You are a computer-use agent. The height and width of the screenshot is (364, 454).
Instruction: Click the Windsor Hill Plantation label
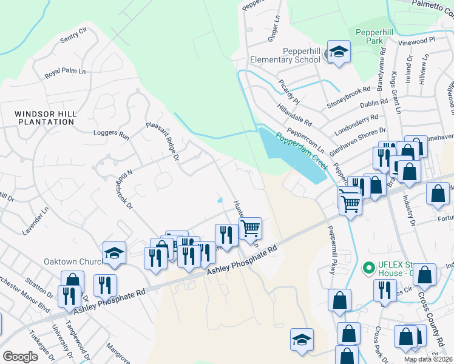point(45,118)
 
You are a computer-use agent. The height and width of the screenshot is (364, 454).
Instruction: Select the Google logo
point(20,357)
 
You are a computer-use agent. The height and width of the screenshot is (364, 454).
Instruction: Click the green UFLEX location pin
point(367,267)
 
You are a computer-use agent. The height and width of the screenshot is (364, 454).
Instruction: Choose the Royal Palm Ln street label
point(65,73)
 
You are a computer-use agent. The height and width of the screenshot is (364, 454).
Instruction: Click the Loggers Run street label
point(111,134)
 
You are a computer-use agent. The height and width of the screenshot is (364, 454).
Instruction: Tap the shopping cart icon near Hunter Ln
point(251,229)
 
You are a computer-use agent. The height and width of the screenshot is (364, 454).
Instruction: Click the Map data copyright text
point(429,359)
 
